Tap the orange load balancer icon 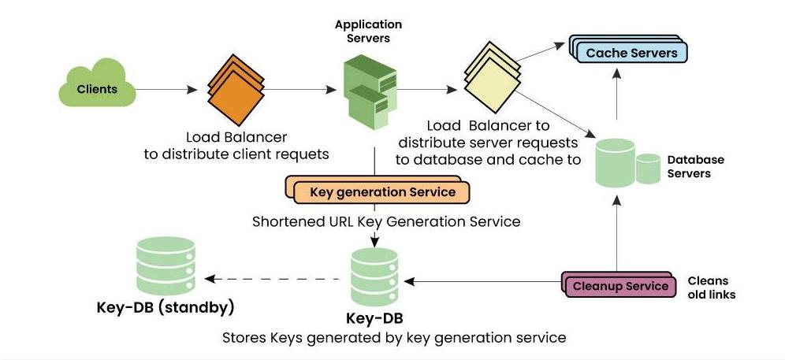(x=236, y=89)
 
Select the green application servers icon (x=370, y=92)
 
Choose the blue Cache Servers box (x=628, y=49)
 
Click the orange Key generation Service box (x=378, y=190)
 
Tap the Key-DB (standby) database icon (x=166, y=265)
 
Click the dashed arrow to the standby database (x=273, y=279)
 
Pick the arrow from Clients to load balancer (x=167, y=90)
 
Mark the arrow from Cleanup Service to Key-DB (x=482, y=282)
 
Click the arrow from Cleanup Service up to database (x=616, y=233)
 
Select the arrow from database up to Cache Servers (x=616, y=94)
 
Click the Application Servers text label (x=369, y=31)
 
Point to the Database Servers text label (x=696, y=167)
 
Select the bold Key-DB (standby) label (x=166, y=307)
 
